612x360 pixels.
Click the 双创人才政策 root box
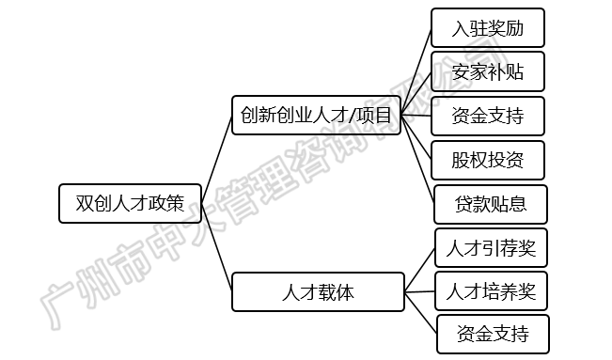coord(130,203)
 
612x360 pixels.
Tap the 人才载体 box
coord(319,291)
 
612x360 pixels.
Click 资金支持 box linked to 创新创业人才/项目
coord(488,117)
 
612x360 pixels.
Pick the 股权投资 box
coord(488,161)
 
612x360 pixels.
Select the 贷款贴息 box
coord(490,204)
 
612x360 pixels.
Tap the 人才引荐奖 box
coord(491,247)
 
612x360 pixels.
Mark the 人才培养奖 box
coord(491,290)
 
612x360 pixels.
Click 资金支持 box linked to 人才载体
coord(492,334)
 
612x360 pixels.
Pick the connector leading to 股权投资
coord(416,139)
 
